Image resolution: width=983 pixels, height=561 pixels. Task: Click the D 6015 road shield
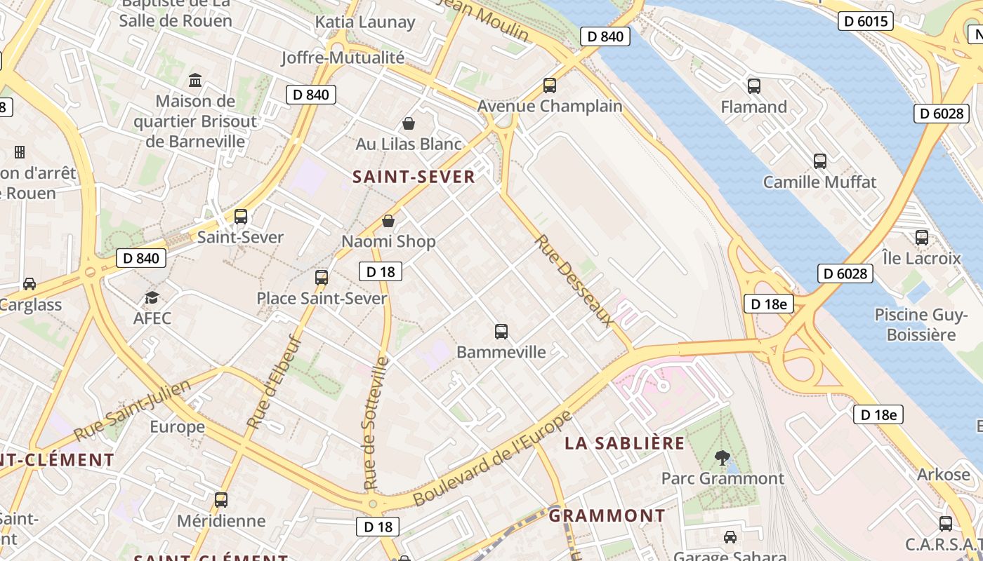coord(865,21)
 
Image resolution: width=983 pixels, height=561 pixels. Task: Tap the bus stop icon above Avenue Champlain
coord(550,86)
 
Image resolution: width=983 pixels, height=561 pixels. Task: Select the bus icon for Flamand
coord(754,86)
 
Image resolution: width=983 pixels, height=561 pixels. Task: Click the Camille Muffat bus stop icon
coord(820,161)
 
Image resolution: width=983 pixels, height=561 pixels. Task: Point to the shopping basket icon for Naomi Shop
coord(388,222)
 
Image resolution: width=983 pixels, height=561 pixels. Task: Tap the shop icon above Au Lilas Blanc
coord(409,124)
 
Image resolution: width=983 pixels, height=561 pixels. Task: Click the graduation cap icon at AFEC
coord(152,298)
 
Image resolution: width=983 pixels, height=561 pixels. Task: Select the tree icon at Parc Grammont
coord(722,458)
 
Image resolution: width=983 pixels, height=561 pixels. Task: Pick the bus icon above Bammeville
coord(501,331)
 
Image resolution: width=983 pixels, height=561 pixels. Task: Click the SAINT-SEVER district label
coord(414,177)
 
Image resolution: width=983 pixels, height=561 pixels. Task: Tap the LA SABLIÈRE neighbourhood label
coord(625,443)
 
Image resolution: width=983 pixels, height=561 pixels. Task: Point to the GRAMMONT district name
coord(607,516)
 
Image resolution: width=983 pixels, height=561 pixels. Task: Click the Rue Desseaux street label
coord(574,280)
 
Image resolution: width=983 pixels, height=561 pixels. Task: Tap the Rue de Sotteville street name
coord(376,423)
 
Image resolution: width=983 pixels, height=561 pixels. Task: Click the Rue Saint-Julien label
coord(132,410)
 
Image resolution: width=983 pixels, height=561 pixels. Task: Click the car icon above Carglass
coord(29,284)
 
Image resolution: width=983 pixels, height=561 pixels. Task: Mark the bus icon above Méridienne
coord(221,500)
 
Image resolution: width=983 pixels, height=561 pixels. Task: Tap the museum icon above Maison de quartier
coord(195,81)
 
